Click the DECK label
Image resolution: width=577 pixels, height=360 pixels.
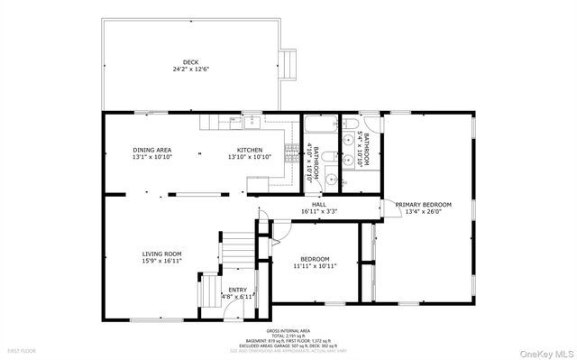click(191, 62)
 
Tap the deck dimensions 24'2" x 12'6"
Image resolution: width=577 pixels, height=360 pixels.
click(191, 69)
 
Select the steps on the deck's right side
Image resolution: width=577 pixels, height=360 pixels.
click(288, 62)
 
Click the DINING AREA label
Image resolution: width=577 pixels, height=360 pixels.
click(151, 150)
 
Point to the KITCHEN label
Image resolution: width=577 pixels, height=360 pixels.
click(250, 150)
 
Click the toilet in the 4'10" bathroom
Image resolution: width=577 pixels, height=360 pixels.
click(331, 179)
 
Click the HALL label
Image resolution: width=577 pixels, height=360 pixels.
click(319, 205)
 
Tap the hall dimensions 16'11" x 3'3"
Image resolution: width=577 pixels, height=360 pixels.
click(319, 212)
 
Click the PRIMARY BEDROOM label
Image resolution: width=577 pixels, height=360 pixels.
click(423, 205)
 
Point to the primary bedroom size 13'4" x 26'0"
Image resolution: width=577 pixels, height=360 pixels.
click(423, 212)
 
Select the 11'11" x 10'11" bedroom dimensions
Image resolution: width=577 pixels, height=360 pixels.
click(315, 266)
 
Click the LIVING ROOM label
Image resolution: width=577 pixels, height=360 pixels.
click(161, 254)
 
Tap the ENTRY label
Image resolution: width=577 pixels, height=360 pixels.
click(224, 290)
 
